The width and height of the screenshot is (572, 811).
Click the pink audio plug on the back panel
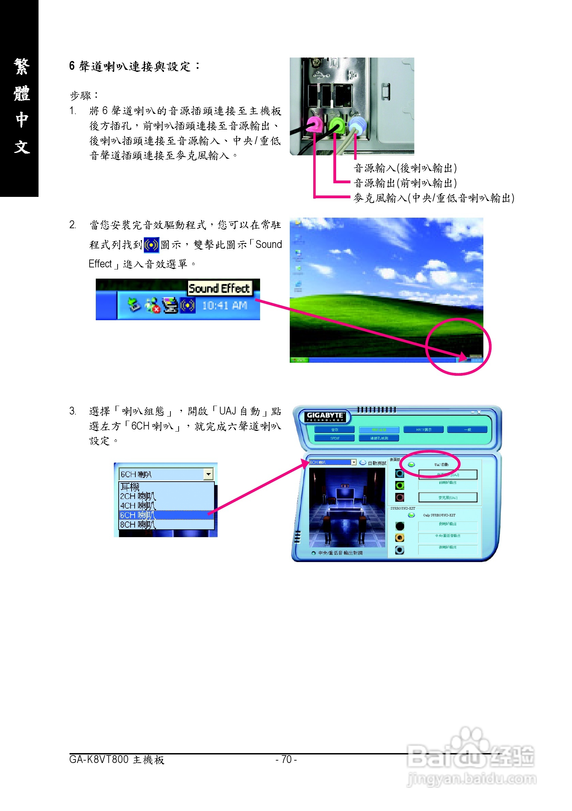[x=314, y=125]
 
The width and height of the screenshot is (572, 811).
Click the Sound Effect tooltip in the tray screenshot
[x=219, y=288]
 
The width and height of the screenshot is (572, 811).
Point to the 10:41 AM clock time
[x=224, y=306]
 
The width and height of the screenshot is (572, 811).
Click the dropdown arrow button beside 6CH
[x=209, y=474]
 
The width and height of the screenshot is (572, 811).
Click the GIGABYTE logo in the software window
[x=325, y=417]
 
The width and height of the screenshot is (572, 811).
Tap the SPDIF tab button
[x=334, y=438]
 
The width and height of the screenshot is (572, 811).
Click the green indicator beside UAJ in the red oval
[x=411, y=465]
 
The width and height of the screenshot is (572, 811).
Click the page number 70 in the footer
[x=286, y=760]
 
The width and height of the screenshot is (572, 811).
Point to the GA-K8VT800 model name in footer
[x=99, y=760]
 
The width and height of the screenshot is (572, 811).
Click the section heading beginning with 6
[x=134, y=66]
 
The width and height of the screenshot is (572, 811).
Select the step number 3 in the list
[x=73, y=411]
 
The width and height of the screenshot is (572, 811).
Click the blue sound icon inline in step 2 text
[x=151, y=245]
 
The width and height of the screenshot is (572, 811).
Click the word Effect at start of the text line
[x=100, y=264]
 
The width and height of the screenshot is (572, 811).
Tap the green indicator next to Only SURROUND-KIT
[x=411, y=515]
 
